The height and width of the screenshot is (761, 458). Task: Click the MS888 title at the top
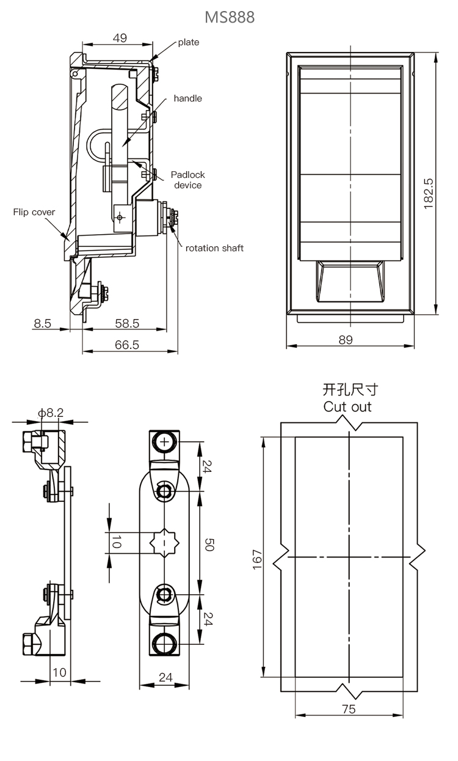[x=229, y=17]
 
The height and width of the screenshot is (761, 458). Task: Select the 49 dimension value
[x=120, y=38]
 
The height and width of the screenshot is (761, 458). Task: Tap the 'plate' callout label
[x=189, y=42]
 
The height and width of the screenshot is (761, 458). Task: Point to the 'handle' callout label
[x=187, y=98]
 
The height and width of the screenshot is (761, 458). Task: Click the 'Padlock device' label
[x=187, y=180]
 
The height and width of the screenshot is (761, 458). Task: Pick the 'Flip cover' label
[x=34, y=212]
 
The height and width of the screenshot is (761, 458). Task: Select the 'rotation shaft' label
[x=214, y=248]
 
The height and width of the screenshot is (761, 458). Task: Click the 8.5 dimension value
[x=42, y=323]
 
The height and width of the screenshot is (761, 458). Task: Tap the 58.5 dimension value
[x=127, y=323]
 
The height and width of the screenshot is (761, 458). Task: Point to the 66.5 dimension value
[x=127, y=345]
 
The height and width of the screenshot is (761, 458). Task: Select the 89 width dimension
[x=346, y=340]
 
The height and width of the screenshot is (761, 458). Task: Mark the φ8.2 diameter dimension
[x=50, y=413]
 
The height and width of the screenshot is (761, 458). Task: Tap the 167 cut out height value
[x=257, y=559]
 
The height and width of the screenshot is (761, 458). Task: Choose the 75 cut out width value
[x=349, y=709]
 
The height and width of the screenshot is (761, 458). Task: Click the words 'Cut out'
[x=347, y=406]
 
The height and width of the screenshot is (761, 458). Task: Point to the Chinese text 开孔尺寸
[x=347, y=389]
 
